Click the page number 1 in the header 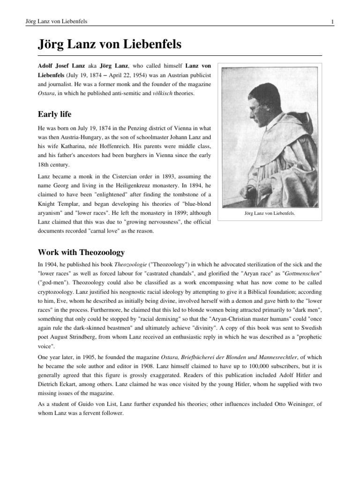331,22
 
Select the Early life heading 55,114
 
